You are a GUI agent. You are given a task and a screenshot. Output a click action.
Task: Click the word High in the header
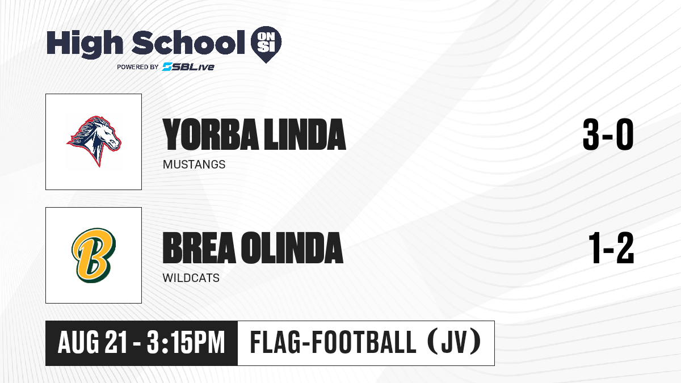(85, 44)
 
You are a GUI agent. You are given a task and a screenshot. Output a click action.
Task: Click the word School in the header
(188, 42)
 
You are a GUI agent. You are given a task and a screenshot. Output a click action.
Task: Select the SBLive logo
(188, 66)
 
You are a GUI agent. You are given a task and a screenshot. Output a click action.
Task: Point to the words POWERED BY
(138, 67)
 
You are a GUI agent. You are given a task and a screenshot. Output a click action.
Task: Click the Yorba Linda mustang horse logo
(94, 141)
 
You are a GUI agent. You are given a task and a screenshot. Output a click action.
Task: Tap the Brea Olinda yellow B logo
(94, 255)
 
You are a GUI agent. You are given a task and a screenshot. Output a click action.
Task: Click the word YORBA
(211, 134)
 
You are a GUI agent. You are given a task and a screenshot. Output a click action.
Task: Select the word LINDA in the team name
(305, 134)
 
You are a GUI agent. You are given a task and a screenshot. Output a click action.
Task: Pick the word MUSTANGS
(194, 165)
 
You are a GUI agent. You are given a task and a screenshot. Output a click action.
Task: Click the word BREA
(199, 248)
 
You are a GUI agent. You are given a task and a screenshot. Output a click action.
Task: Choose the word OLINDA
(292, 248)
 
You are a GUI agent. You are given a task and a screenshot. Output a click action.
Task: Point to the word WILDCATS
(191, 278)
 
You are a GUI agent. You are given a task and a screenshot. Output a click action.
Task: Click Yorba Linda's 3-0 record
(608, 134)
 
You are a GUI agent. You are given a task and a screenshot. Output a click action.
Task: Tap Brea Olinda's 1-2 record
(611, 248)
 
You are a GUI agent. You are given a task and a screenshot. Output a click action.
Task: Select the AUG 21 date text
(92, 342)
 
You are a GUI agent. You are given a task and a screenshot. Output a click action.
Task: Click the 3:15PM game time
(186, 342)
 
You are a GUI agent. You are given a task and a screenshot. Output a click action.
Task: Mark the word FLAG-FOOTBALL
(333, 342)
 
